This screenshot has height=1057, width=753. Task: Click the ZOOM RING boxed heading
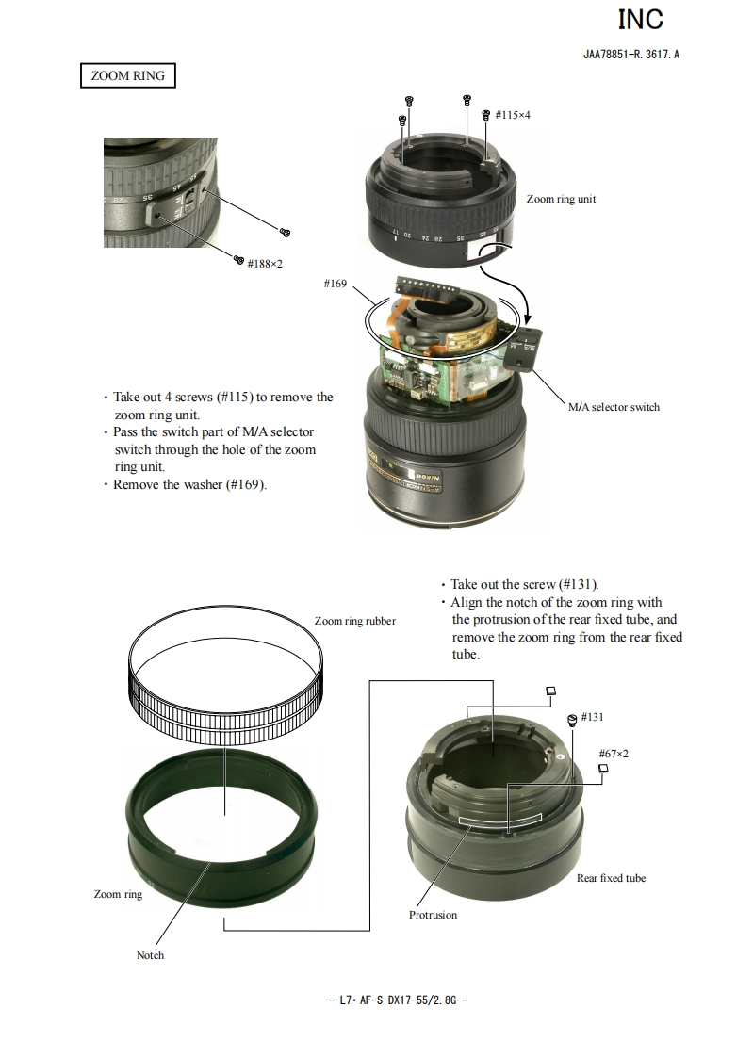coord(127,75)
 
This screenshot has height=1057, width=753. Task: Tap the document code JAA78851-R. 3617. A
coord(631,55)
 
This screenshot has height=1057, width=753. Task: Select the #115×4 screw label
coord(513,115)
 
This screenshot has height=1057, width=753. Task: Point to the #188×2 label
coord(265,264)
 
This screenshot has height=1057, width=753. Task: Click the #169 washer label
coord(336,284)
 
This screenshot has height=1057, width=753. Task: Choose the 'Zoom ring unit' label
coord(561,199)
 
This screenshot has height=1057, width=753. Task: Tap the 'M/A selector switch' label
coord(614,407)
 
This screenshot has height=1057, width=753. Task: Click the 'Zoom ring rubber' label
coord(355,621)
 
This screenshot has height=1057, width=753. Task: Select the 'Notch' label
coord(151,955)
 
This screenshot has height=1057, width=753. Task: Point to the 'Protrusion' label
coord(433,915)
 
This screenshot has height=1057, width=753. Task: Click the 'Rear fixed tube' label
coord(611,878)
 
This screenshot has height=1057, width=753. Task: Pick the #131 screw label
coord(592,717)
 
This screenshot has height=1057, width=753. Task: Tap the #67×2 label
coord(614,754)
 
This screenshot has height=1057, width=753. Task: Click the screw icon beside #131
coord(572,719)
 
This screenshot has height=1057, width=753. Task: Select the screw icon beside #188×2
coord(238,259)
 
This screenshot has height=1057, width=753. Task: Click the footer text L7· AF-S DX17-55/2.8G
coord(398,1000)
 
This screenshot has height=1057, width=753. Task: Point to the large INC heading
coord(641,20)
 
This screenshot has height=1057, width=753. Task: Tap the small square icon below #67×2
coord(603,768)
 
